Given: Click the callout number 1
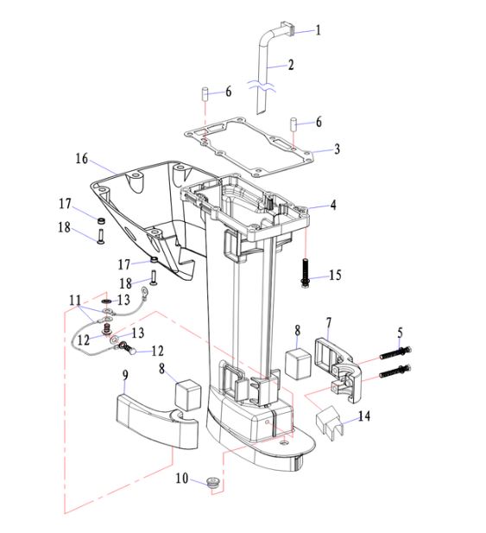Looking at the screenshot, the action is pos(318,30).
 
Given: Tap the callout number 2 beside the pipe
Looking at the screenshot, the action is pos(291,65).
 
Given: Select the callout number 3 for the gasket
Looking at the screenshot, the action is pos(337,149).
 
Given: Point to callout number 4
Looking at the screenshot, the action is pos(333,205).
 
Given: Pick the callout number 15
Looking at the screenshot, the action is pos(335,275).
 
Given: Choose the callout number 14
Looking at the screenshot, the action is pos(364,416).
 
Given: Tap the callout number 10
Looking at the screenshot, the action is pos(182,479).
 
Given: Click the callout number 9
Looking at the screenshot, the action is pos(125,376).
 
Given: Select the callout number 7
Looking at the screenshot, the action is pos(328,323).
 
